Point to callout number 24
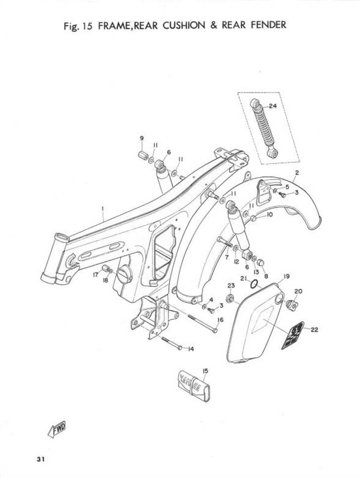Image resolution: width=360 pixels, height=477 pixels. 273,106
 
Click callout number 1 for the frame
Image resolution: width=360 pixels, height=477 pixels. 102,209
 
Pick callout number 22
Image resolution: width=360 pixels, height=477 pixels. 315,330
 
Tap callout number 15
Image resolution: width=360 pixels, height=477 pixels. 205,370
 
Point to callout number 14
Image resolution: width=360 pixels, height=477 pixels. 190,349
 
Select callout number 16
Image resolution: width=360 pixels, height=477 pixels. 220,320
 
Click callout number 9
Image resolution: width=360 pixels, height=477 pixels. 141,138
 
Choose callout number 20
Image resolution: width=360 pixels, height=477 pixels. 298,291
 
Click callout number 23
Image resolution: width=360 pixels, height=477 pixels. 230,286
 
